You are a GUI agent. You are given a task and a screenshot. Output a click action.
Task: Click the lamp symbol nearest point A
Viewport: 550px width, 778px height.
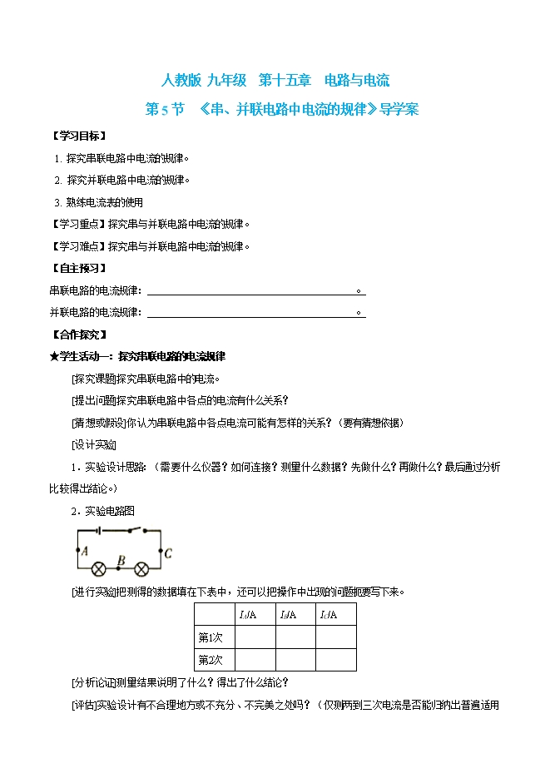[x=99, y=570]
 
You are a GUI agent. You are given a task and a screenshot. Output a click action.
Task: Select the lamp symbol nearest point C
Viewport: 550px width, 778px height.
[x=141, y=570]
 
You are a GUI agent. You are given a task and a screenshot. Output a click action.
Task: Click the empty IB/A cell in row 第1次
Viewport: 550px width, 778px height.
[x=295, y=637]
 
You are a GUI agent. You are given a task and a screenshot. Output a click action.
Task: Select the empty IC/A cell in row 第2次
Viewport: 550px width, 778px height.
[x=336, y=660]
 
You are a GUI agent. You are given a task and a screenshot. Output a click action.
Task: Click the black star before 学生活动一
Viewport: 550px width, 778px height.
[x=55, y=356]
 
